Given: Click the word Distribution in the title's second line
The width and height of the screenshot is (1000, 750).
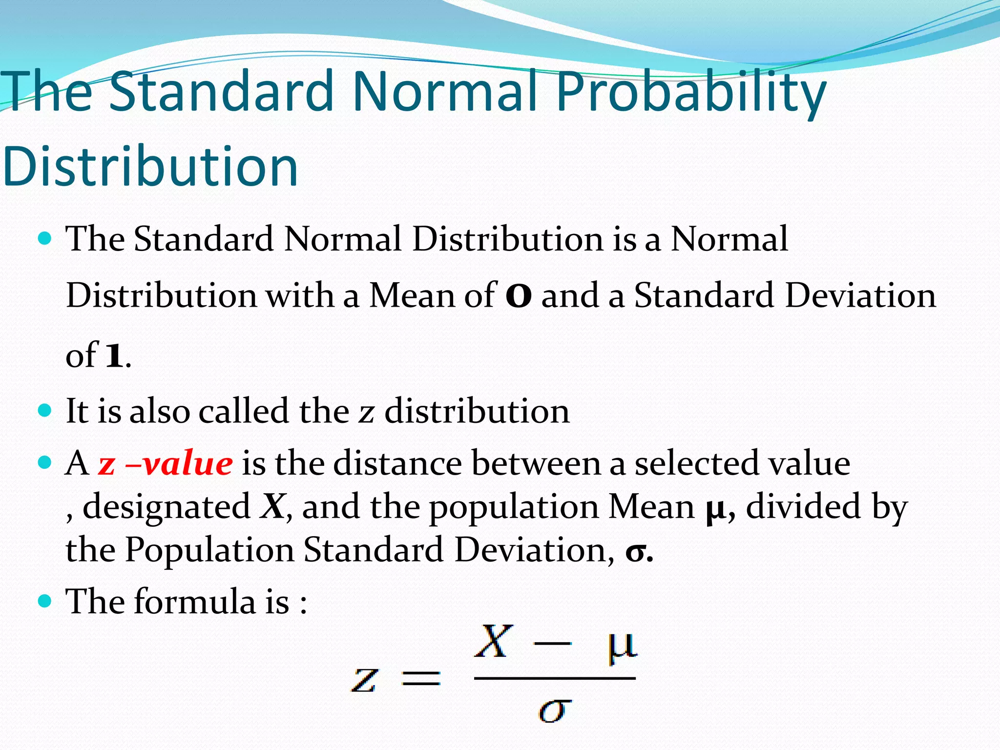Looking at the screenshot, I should [150, 166].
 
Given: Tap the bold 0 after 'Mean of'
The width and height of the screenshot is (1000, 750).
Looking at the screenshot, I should [519, 296].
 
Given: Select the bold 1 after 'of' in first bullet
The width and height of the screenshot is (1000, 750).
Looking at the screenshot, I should [114, 355].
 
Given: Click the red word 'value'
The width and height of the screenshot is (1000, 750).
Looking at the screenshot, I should [188, 463].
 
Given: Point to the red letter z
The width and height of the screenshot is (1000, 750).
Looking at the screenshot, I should [106, 464].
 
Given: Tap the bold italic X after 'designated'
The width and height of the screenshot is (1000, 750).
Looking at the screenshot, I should [272, 506].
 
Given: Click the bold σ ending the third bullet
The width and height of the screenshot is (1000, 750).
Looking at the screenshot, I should [635, 552].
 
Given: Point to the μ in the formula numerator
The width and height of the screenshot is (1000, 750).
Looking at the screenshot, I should [622, 646].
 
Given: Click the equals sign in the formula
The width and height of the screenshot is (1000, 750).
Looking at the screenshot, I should [420, 678].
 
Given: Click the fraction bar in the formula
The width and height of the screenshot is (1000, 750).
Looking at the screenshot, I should [555, 678].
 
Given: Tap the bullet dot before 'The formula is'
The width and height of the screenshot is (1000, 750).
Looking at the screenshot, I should [44, 601].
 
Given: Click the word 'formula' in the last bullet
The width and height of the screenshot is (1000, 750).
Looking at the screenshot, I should [194, 601].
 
